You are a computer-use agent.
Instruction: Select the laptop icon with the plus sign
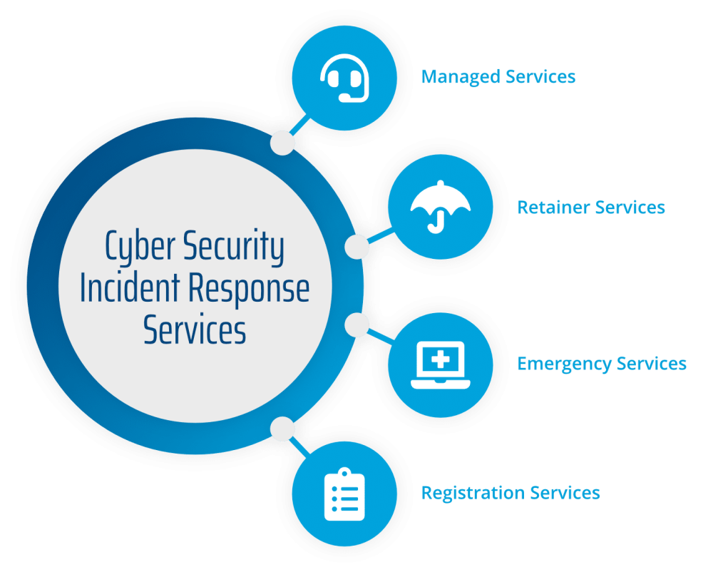tap(440, 364)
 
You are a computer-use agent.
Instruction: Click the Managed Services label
tap(498, 77)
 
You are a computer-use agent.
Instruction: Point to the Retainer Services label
tap(590, 208)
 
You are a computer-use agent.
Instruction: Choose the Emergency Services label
tap(601, 364)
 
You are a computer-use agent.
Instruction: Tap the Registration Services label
tap(511, 493)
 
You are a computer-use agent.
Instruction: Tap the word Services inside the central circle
tap(195, 330)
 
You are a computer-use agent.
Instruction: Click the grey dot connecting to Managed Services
tap(283, 143)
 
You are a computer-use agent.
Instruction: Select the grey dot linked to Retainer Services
tap(357, 247)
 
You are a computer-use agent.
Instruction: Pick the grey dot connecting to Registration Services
tap(283, 429)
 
